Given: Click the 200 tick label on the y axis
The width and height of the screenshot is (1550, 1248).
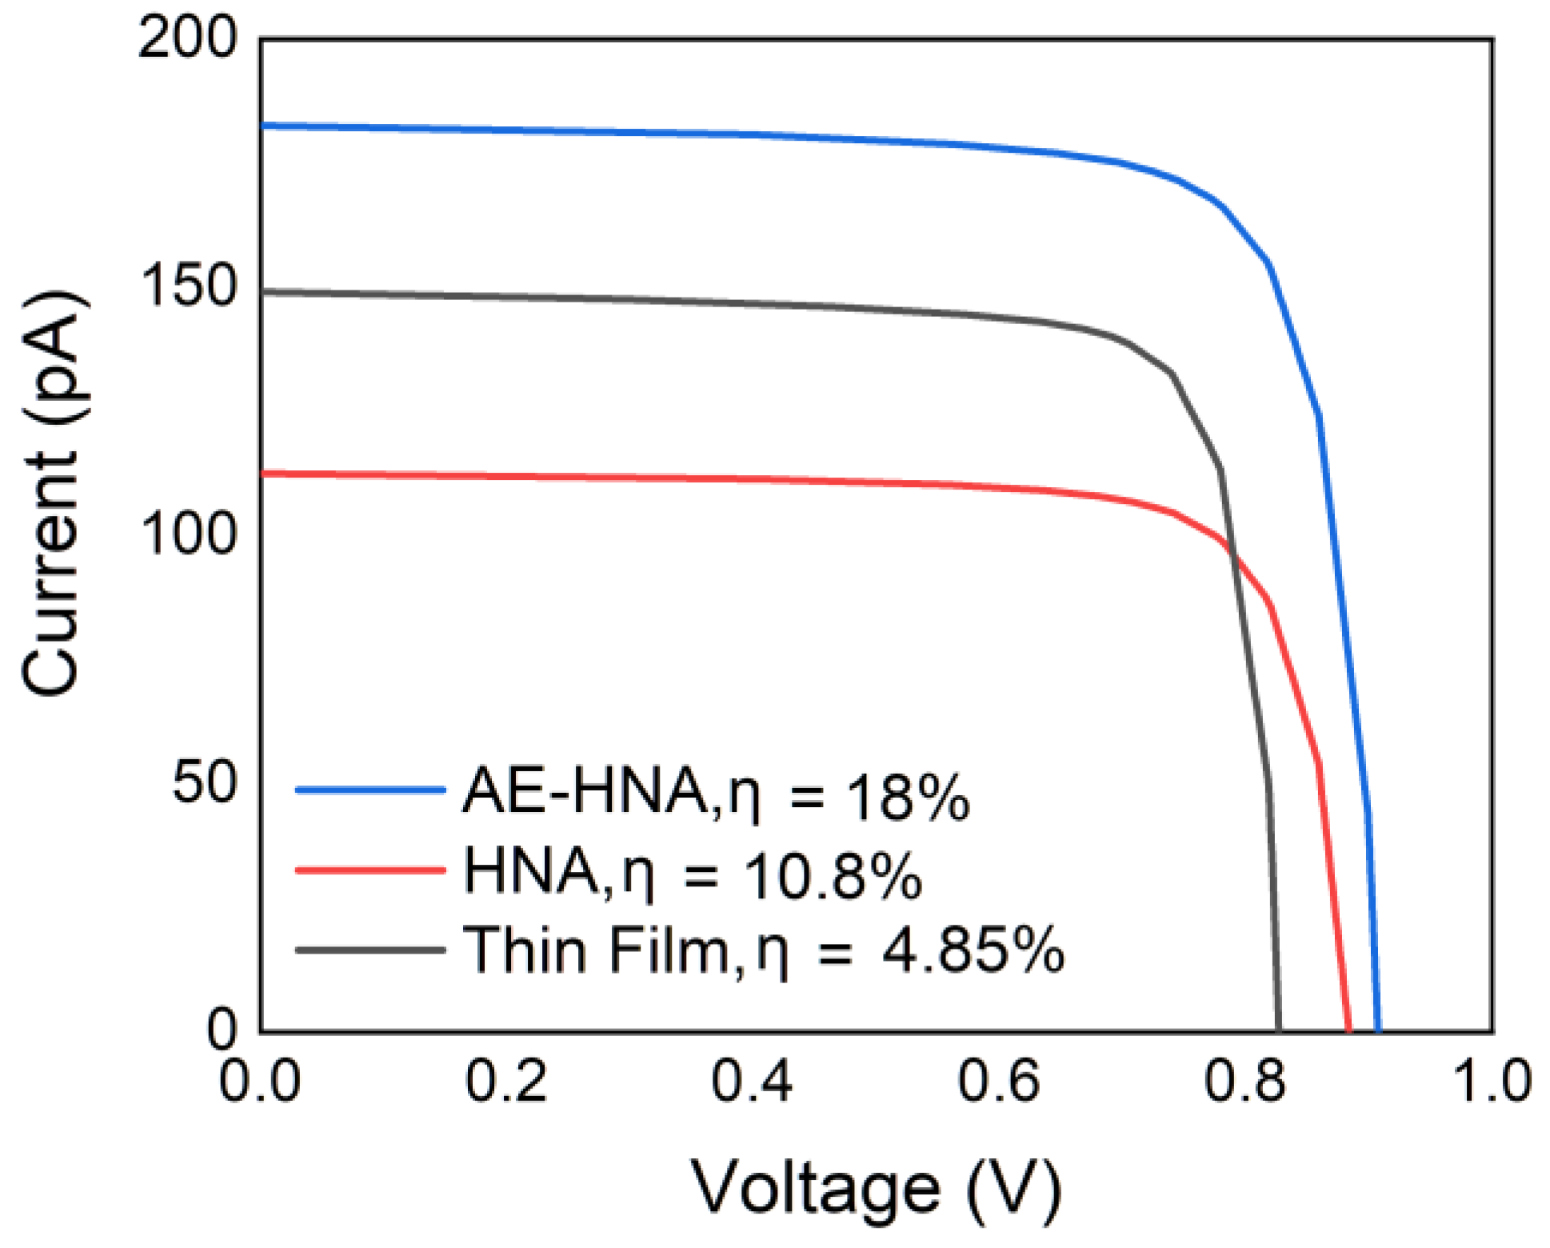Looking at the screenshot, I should coord(188,38).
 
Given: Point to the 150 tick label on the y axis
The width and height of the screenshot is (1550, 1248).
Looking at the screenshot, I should coord(188,286).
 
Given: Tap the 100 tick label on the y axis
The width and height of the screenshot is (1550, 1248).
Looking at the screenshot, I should coord(188,534).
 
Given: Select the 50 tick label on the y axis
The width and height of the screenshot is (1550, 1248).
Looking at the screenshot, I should coord(205,782).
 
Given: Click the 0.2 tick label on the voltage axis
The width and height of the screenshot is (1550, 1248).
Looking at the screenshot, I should coord(505,1082).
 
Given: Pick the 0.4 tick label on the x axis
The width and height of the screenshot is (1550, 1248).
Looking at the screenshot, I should coord(752,1082).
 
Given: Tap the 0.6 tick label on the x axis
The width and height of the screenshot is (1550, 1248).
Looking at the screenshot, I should coord(998,1082).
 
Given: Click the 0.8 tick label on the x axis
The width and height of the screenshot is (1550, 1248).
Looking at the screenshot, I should coord(1244,1082).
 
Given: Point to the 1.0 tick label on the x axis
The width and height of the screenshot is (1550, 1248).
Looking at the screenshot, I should coord(1491,1082).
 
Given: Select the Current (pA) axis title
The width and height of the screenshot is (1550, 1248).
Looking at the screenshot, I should coord(52,494).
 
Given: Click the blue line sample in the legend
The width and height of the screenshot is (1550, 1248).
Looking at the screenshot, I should coord(370,790).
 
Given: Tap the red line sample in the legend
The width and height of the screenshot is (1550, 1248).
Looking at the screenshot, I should coord(370,870).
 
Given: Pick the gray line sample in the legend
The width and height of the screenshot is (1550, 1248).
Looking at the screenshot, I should coord(370,950).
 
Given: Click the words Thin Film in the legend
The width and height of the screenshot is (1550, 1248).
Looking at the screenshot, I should coord(596,950).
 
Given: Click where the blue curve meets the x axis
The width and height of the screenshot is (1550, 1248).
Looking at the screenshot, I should coord(1377,1030).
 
